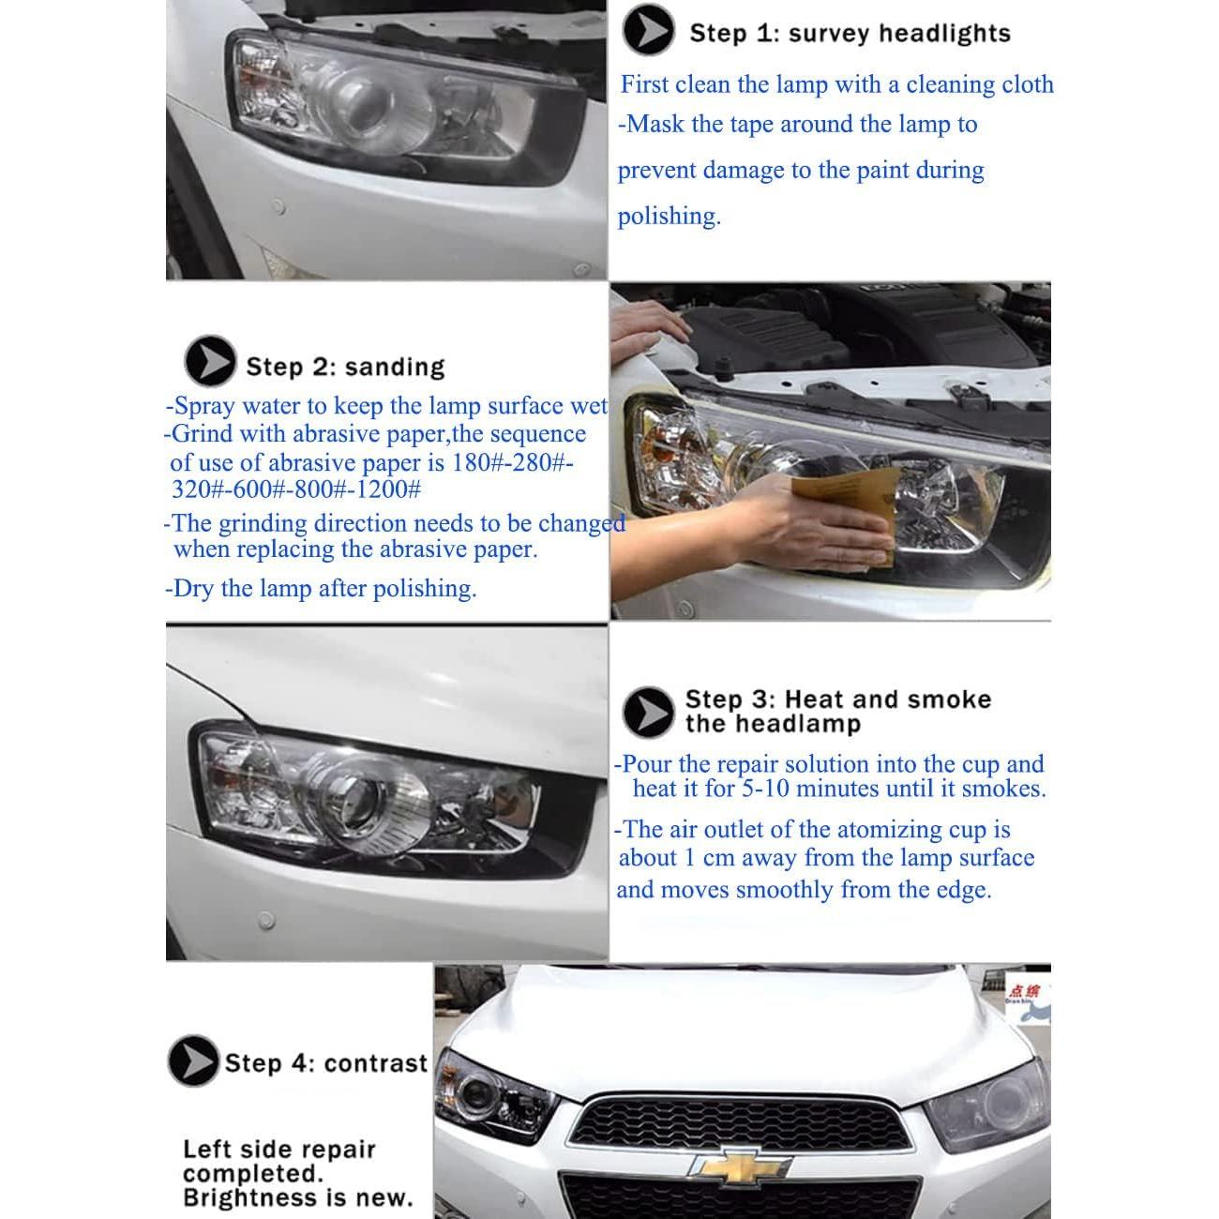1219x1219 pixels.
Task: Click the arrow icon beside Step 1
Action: tap(647, 30)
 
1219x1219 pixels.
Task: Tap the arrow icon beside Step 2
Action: tap(210, 361)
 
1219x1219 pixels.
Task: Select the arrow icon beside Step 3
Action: tap(648, 712)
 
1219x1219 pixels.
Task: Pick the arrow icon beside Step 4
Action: tap(193, 1061)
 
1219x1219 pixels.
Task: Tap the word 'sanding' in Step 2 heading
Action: tap(395, 367)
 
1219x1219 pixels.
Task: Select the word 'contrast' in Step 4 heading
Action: tap(377, 1063)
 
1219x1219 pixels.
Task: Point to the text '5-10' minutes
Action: tap(766, 789)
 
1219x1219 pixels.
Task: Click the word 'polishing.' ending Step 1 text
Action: tap(669, 217)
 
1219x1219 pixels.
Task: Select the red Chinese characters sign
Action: tap(1026, 990)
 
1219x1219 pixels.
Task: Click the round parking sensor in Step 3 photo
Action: tap(267, 921)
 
